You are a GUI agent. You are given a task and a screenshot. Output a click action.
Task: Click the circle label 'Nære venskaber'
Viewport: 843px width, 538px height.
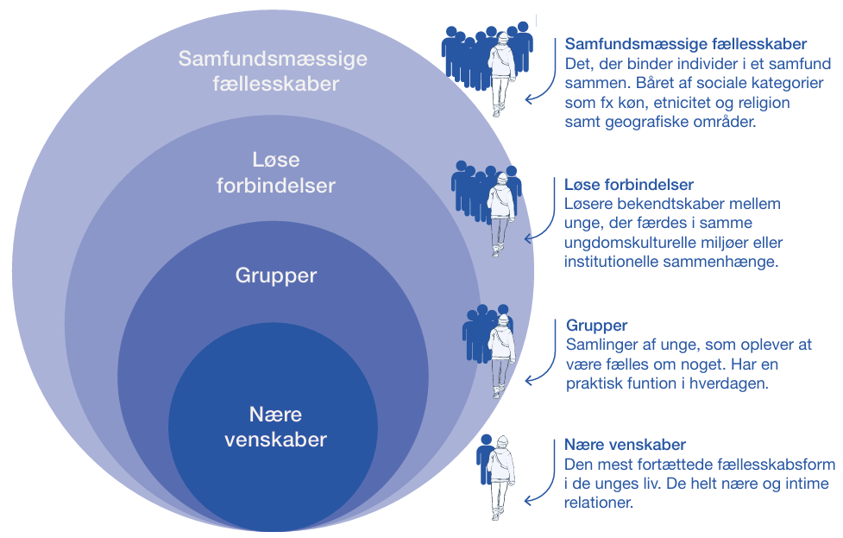click(x=276, y=427)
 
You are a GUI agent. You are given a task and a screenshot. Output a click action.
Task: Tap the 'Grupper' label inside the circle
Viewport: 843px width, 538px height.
click(x=276, y=276)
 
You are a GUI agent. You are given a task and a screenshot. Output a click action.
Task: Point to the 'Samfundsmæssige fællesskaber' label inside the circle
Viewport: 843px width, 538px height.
click(x=273, y=72)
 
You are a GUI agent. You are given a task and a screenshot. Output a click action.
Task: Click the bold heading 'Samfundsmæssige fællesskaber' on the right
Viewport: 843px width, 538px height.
click(x=685, y=44)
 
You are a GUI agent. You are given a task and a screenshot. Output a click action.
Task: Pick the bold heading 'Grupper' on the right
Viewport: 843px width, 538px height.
click(x=596, y=326)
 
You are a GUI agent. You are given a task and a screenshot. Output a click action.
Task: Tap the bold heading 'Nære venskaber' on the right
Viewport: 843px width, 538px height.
click(x=625, y=445)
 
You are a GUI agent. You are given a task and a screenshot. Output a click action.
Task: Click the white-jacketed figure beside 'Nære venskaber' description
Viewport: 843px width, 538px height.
click(x=500, y=475)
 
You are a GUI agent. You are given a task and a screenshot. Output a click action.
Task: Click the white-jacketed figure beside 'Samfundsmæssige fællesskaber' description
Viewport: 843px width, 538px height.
click(x=500, y=73)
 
